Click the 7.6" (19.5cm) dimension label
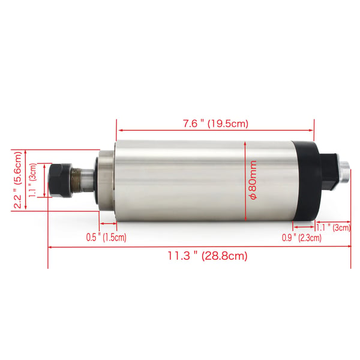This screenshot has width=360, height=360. [215, 124]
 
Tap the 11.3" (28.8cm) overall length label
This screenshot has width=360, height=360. [208, 256]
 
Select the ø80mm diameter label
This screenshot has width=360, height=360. [253, 180]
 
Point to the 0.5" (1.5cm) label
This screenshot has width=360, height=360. [106, 237]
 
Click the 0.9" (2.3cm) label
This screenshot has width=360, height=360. [302, 238]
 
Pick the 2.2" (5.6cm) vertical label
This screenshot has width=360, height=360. [17, 180]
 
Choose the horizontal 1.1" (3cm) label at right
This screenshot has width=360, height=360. [334, 227]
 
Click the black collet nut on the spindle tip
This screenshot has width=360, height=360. [61, 180]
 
